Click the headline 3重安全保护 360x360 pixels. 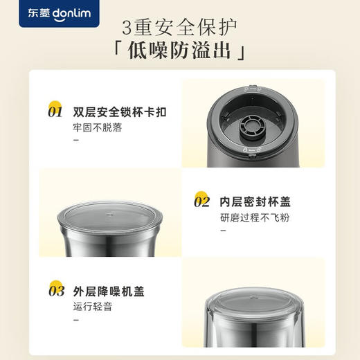click(180, 30)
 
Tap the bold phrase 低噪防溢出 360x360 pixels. click(181, 53)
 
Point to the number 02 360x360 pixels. click(201, 202)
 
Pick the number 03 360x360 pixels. click(56, 291)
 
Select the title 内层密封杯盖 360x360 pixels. click(255, 202)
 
